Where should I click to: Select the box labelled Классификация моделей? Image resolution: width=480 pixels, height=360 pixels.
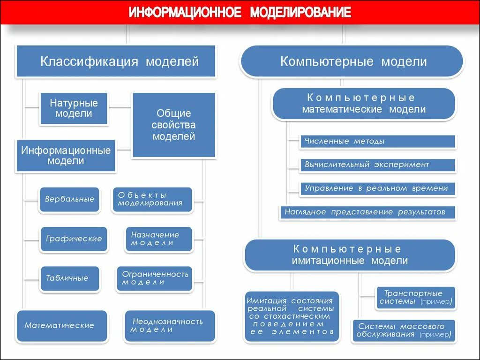116,61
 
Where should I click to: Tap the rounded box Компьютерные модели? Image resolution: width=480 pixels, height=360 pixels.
352,61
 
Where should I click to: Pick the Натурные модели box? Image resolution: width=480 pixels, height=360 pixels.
74,108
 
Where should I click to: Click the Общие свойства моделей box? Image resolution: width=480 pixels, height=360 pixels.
174,125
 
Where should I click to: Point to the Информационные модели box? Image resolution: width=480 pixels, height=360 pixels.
66,155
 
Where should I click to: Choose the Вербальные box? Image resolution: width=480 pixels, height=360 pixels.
69,199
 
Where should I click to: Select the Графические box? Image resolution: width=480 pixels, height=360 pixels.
74,239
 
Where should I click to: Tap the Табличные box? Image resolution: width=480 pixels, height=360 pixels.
69,278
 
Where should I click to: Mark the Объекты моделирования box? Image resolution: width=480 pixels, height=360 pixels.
152,199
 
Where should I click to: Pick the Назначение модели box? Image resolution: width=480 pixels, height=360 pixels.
159,239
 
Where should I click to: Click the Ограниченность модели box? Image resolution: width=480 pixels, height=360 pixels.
155,278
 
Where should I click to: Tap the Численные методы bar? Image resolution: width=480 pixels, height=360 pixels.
378,141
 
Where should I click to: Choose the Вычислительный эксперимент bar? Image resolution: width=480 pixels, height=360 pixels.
378,165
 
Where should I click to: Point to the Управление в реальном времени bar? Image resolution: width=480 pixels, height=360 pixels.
378,188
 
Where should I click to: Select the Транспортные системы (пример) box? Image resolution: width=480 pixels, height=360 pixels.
416,298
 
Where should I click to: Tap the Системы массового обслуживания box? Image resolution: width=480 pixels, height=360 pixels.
404,330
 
